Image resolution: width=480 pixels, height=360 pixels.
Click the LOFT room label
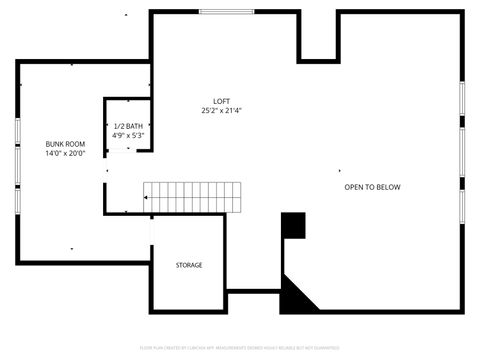click(222, 101)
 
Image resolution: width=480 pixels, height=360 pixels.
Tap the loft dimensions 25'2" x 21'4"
click(222, 110)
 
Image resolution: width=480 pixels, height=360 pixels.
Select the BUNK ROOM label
click(65, 144)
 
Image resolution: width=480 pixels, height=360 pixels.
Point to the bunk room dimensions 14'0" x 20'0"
click(65, 153)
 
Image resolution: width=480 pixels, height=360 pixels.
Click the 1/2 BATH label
click(128, 126)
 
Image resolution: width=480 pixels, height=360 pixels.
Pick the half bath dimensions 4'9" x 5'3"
click(128, 135)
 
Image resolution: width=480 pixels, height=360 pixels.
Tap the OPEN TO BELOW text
click(372, 187)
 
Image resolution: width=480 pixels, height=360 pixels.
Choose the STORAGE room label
click(189, 265)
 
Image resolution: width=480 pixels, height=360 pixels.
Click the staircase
click(194, 197)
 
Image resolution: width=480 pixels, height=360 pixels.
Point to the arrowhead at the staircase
click(146, 198)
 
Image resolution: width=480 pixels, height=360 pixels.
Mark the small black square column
click(293, 226)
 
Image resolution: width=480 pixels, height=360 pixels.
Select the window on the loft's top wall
click(223, 12)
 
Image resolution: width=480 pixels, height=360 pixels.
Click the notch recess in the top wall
click(319, 35)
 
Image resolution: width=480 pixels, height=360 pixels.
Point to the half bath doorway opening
click(126, 150)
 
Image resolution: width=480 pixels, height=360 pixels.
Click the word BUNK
click(55, 144)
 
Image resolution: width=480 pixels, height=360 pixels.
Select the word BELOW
click(388, 187)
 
